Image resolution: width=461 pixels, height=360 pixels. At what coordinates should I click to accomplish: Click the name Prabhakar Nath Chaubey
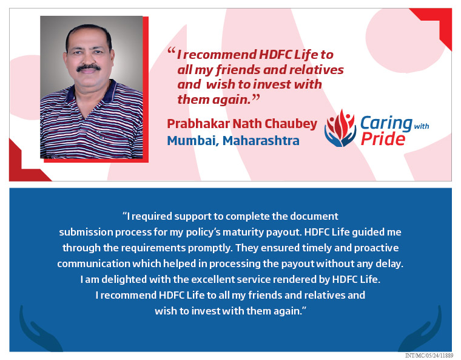[x=241, y=124]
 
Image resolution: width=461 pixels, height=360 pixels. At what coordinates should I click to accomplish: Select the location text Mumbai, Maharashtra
[x=233, y=141]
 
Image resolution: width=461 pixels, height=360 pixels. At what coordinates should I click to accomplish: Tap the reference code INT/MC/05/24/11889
[x=428, y=356]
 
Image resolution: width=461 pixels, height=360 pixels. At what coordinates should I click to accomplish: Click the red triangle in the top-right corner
[x=438, y=22]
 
